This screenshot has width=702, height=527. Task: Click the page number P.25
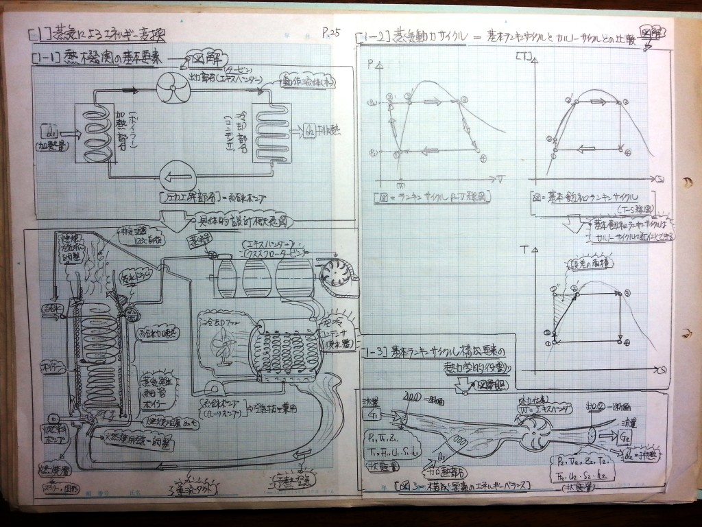point(331,32)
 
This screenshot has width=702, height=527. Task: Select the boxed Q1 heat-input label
point(51,128)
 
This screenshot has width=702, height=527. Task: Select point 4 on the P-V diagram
point(483,159)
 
